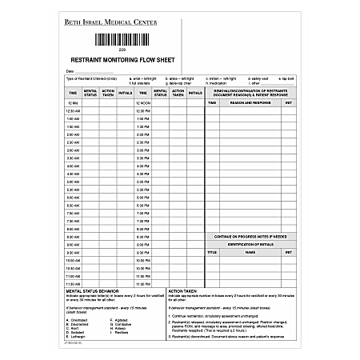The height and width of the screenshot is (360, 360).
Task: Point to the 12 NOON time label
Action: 144,103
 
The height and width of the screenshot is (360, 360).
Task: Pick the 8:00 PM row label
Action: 144,230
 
